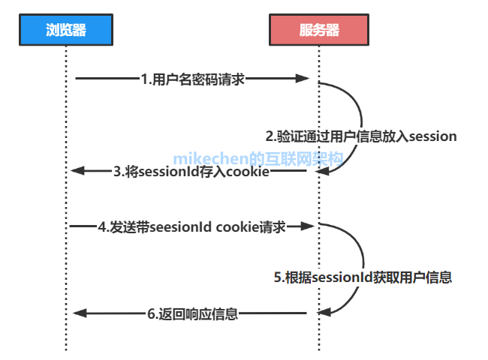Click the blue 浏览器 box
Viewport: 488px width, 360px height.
tap(65, 30)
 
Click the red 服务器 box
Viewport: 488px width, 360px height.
tap(318, 30)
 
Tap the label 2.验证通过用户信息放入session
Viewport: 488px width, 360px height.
tap(361, 136)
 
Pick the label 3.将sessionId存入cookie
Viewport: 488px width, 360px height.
tap(191, 171)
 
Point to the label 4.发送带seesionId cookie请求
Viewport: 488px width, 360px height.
tap(192, 226)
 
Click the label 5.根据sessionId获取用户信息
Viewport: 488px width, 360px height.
tap(362, 277)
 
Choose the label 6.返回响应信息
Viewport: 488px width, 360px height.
tap(192, 313)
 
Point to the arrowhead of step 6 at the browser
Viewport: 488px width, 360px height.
tap(77, 313)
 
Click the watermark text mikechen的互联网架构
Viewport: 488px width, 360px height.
tap(258, 158)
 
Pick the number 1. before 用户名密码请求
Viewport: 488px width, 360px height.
tap(146, 77)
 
